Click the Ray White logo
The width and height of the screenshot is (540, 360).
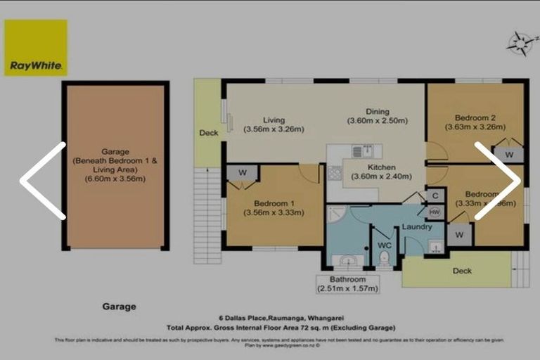(36, 48)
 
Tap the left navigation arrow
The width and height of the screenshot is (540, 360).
(43, 181)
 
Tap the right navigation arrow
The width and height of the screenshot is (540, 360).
(498, 181)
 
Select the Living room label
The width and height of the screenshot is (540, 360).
(273, 120)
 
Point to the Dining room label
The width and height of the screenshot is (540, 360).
(377, 112)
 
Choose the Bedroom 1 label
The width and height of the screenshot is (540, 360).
(274, 203)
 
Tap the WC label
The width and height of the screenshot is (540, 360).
(384, 245)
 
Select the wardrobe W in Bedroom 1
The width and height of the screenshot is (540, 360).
(242, 173)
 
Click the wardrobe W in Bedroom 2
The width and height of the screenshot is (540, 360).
(508, 154)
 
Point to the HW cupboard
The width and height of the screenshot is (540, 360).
(435, 212)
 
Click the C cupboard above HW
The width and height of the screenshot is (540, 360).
(435, 195)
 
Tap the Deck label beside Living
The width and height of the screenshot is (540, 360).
(208, 132)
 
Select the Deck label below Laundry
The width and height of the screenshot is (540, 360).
(462, 271)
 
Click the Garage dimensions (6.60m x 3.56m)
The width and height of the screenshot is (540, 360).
(115, 179)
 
